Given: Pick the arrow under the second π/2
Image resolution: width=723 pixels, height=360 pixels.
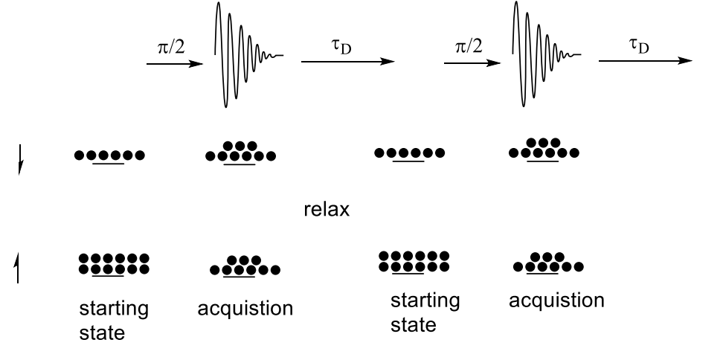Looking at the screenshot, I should tap(472, 64).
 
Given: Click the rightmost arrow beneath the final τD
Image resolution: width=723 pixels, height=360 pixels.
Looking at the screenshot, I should tap(645, 63).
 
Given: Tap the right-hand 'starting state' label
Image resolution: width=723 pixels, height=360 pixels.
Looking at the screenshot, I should tap(425, 313).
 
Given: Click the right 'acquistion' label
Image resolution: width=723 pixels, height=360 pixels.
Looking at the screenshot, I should tap(556, 302).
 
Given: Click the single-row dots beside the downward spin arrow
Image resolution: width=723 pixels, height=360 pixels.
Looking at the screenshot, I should tap(109, 156).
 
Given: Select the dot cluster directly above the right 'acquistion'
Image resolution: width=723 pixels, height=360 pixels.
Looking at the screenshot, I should tap(547, 262).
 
